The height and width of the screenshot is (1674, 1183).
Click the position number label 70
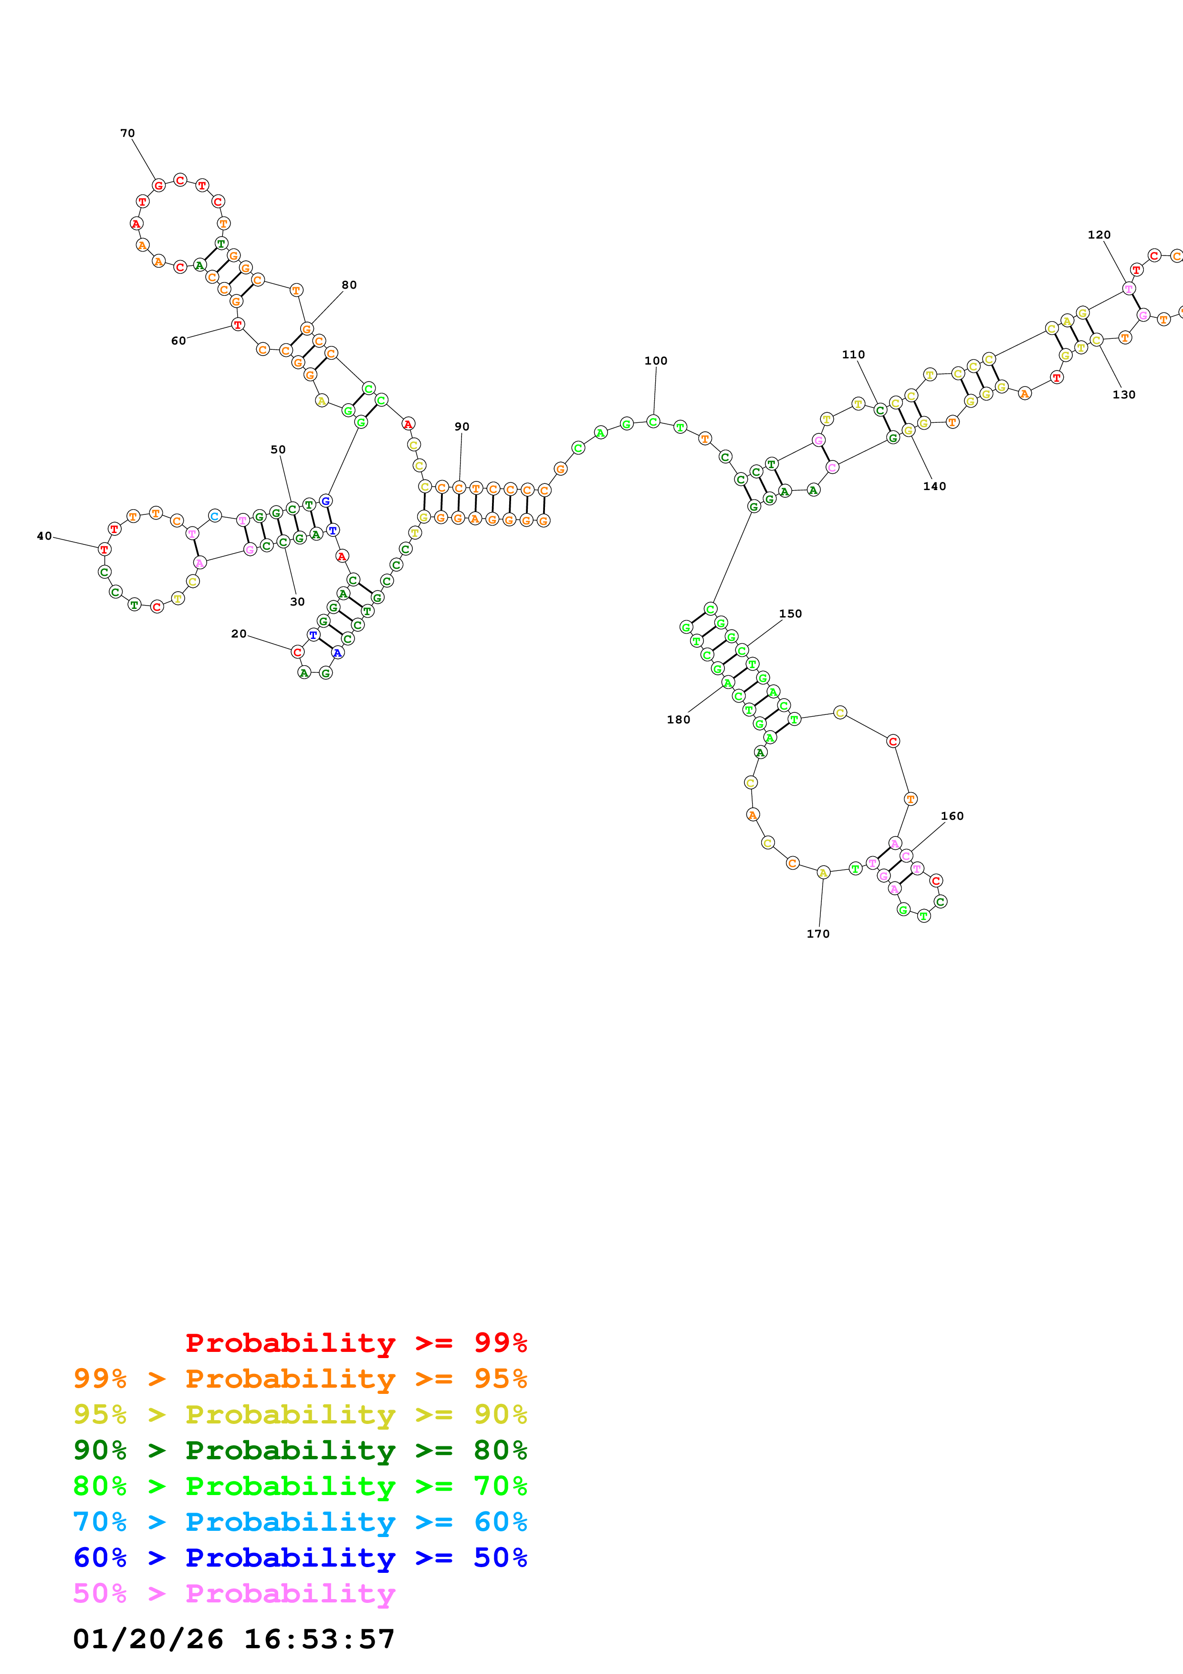[127, 134]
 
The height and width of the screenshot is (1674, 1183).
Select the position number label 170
[818, 934]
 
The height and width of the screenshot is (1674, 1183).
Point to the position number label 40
[44, 536]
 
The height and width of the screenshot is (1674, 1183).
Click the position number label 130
[1123, 395]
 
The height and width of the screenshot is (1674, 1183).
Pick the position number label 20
[239, 634]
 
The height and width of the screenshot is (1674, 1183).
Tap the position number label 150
[790, 614]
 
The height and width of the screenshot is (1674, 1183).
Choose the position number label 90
[462, 427]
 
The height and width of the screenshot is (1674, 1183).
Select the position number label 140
[934, 486]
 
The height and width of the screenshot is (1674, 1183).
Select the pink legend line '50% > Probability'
[234, 1593]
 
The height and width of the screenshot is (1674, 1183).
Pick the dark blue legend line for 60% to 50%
[300, 1558]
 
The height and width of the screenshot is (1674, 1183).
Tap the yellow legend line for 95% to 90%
[300, 1414]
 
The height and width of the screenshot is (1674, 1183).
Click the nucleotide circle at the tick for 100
[653, 421]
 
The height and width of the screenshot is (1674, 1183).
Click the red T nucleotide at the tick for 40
[104, 549]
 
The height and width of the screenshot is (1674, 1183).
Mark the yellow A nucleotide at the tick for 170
[823, 872]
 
